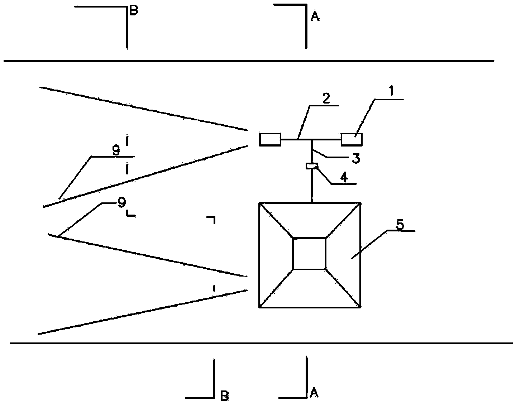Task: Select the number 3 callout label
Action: click(355, 158)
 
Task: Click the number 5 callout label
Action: click(400, 225)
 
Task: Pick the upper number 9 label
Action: click(116, 151)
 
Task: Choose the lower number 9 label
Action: click(122, 203)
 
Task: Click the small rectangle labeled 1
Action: click(352, 139)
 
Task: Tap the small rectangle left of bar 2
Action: click(270, 139)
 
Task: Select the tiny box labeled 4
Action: click(312, 166)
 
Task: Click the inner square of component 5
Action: click(310, 254)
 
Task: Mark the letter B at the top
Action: click(133, 11)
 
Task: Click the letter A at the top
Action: click(315, 16)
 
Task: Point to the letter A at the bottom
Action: click(314, 393)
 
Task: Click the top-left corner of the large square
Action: click(259, 203)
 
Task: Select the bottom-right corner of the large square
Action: click(360, 307)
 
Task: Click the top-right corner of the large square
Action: click(360, 203)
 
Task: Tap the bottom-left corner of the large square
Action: click(259, 307)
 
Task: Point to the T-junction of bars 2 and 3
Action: click(312, 139)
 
